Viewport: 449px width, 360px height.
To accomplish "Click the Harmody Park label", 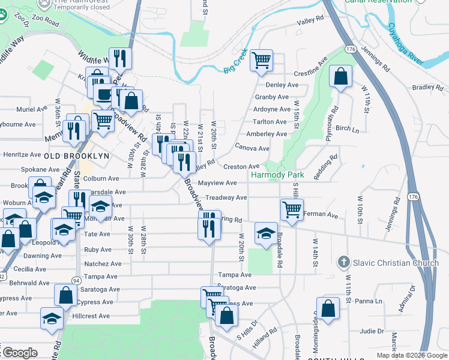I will (278, 175).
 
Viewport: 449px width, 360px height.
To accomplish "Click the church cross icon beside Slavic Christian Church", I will (343, 262).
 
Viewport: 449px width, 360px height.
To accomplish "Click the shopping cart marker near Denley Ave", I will (261, 60).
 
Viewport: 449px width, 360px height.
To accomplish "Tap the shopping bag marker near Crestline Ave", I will (341, 77).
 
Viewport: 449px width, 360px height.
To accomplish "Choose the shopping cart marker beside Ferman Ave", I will (292, 210).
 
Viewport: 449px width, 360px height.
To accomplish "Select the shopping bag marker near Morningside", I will (328, 310).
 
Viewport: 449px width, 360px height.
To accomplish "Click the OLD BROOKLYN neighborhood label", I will (77, 155).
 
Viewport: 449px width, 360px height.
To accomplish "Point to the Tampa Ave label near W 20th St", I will (235, 275).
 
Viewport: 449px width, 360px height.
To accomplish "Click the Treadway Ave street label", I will (226, 197).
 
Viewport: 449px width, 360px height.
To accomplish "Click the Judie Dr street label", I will (372, 331).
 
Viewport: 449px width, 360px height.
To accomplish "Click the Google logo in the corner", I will (20, 353).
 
